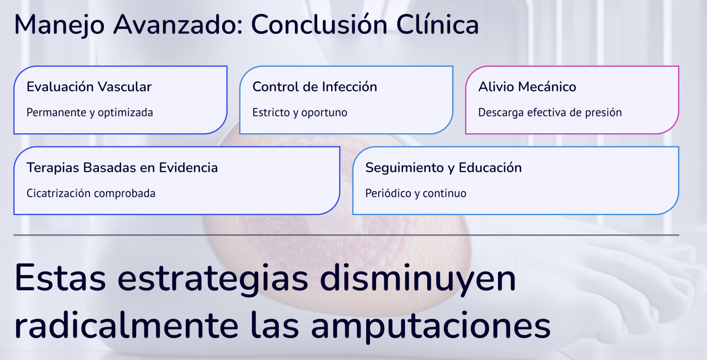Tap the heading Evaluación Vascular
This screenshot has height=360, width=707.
89,87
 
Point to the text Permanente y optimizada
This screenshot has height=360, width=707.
89,113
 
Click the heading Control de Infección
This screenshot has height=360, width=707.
315,87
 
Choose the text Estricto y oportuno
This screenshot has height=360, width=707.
299,113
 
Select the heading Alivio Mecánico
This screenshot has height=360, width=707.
527,87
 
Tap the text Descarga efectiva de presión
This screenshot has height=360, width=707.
549,113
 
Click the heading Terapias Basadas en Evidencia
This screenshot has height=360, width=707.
122,168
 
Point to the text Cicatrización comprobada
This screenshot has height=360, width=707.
91,193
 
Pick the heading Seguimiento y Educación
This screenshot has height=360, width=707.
443,168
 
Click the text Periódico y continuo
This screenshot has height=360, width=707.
416,193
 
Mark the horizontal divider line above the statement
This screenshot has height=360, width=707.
346,235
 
